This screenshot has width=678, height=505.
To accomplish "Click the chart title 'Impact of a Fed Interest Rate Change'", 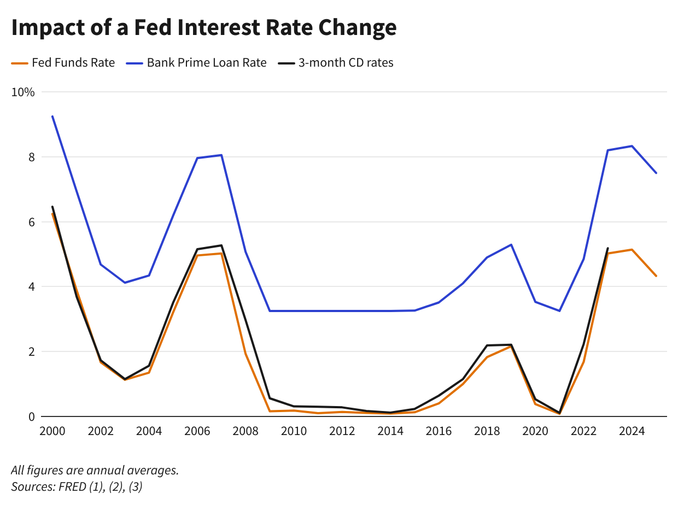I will coord(203,27).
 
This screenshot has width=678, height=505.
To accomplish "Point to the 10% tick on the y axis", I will coord(23,92).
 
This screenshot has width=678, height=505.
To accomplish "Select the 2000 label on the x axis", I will coord(52,431).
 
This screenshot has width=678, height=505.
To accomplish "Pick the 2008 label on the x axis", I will coord(246,431).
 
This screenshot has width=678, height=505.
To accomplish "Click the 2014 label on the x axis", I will coord(390,431).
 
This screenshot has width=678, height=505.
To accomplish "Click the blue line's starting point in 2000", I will coord(52,116).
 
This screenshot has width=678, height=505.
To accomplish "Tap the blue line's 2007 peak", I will coord(221,155).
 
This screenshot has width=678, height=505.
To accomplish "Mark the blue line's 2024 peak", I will coord(632,146).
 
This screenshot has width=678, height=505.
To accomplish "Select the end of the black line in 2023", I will coord(608,248).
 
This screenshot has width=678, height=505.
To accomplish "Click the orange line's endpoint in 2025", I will coord(656,276).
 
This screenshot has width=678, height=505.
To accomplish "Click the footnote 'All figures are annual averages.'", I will coord(95,470).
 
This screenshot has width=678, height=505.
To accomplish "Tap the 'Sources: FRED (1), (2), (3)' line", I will coord(77,487).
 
